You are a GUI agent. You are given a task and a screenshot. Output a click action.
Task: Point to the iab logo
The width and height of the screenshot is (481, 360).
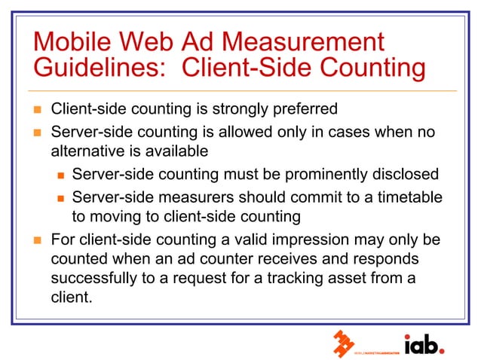(x=424, y=344)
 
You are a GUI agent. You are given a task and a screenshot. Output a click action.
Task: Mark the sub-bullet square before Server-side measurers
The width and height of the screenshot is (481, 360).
(x=61, y=198)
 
